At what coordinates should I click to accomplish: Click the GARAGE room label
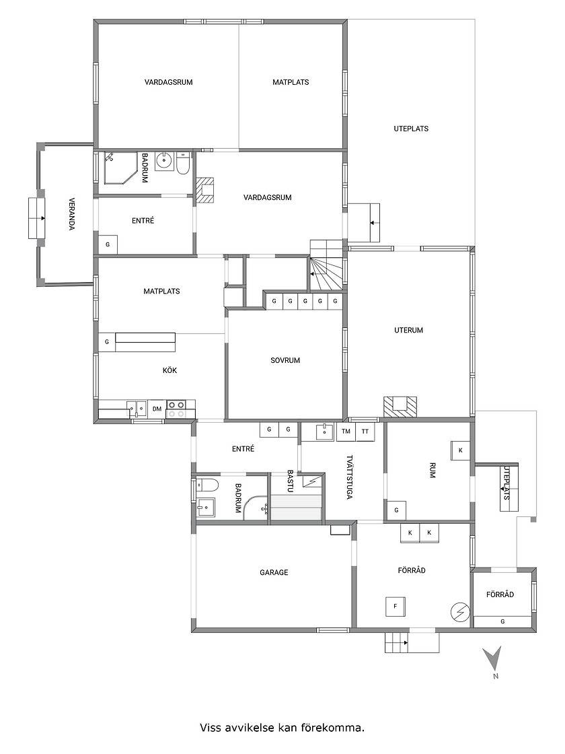pos(274,572)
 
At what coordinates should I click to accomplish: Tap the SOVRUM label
pos(285,360)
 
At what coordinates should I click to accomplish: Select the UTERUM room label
pos(408,331)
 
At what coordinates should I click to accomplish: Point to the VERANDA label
pos(71,213)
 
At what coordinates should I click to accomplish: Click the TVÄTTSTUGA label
pos(349,477)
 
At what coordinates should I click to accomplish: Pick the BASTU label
pos(290,481)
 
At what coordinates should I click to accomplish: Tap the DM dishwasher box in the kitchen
pos(157,409)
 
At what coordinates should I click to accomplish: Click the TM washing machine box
pos(346,432)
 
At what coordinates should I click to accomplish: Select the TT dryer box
pos(365,432)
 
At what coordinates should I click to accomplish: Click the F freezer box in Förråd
pos(396,607)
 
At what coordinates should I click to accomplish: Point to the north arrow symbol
pos(493,658)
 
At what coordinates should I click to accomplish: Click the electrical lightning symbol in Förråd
pos(460,612)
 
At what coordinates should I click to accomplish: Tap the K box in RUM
pos(460,450)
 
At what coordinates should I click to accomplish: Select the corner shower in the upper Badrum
pos(118,168)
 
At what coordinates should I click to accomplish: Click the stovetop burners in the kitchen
pos(176,409)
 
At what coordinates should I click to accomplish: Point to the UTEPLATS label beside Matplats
pos(411,129)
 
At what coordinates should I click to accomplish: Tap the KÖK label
pos(169,370)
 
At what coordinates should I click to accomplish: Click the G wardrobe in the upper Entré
pos(108,244)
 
